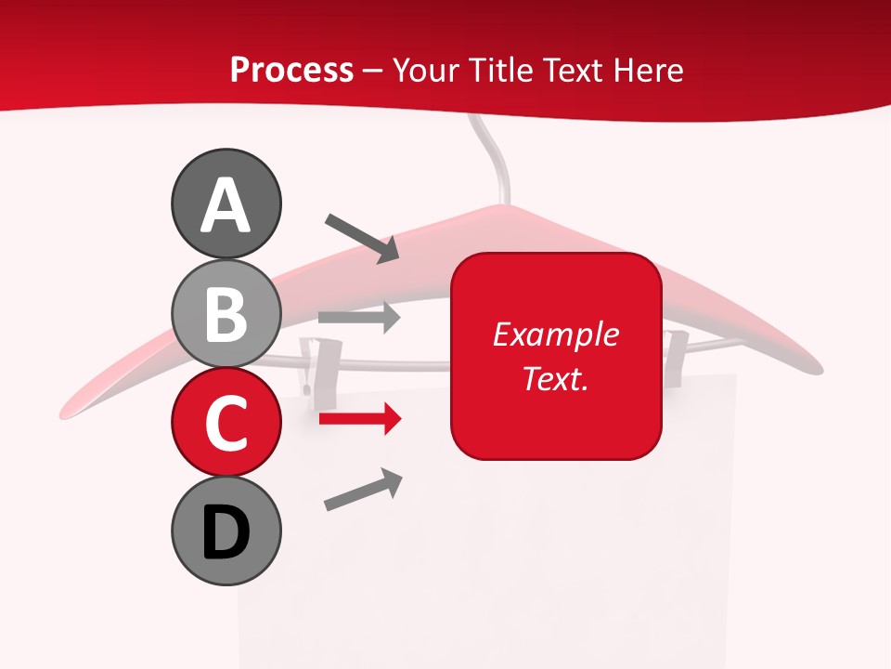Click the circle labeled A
coord(226,203)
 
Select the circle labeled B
coord(226,313)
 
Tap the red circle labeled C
coord(226,422)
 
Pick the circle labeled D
coord(226,531)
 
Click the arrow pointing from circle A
coord(362,238)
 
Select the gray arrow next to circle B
coord(359,317)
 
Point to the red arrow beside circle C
coord(359,420)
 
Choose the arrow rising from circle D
coord(363,490)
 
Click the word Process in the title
coord(291,70)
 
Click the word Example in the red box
coord(555,334)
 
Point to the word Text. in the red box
coord(555,378)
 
